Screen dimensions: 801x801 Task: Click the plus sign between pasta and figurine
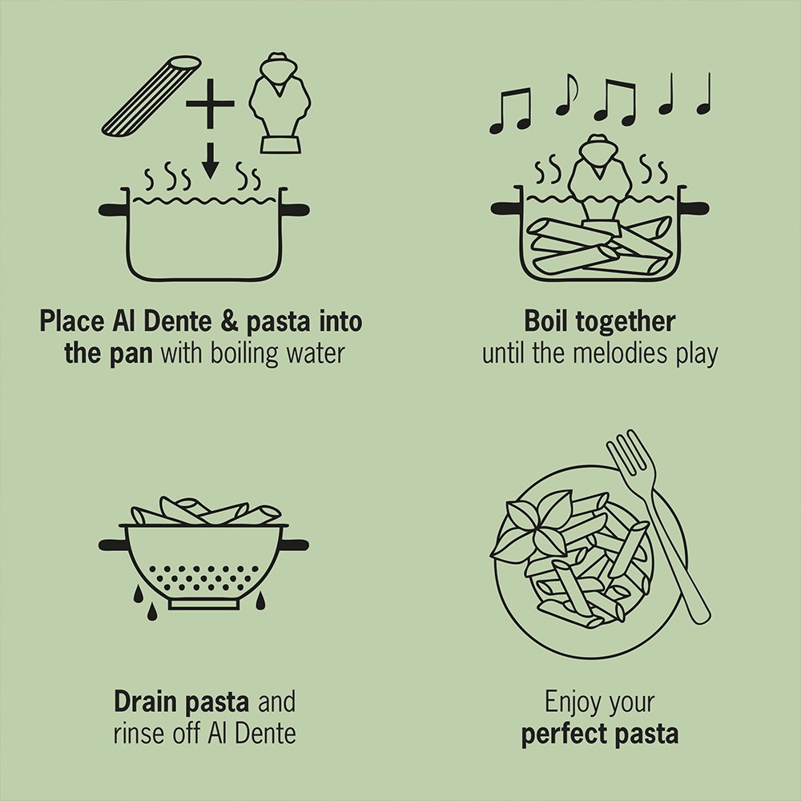pyautogui.click(x=210, y=103)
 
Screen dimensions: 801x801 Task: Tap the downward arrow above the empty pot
pyautogui.click(x=210, y=160)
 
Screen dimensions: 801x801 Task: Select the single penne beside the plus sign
pyautogui.click(x=151, y=95)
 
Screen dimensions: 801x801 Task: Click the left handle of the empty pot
pyautogui.click(x=113, y=210)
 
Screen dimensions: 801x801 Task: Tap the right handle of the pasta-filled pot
pyautogui.click(x=696, y=209)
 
